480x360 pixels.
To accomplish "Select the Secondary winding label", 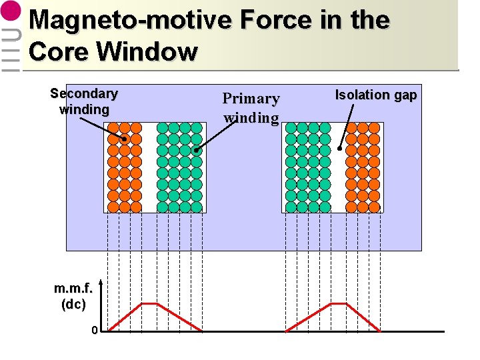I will (84, 101).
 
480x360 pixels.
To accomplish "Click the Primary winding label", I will (251, 108).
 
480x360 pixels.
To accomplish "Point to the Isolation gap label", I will (375, 95).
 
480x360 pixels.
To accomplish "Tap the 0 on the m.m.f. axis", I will (95, 330).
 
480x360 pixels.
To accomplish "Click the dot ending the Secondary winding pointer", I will (124, 139).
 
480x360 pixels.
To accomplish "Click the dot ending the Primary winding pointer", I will (197, 151).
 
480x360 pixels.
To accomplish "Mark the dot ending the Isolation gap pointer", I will (340, 149).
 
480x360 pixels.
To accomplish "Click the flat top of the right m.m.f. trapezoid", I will (339, 303).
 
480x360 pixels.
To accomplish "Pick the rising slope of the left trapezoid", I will (125, 317).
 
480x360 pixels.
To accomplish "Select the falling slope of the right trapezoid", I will (363, 317).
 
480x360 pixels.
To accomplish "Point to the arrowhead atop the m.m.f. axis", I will (100, 281).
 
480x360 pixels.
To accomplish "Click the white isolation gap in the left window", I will (149, 167).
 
